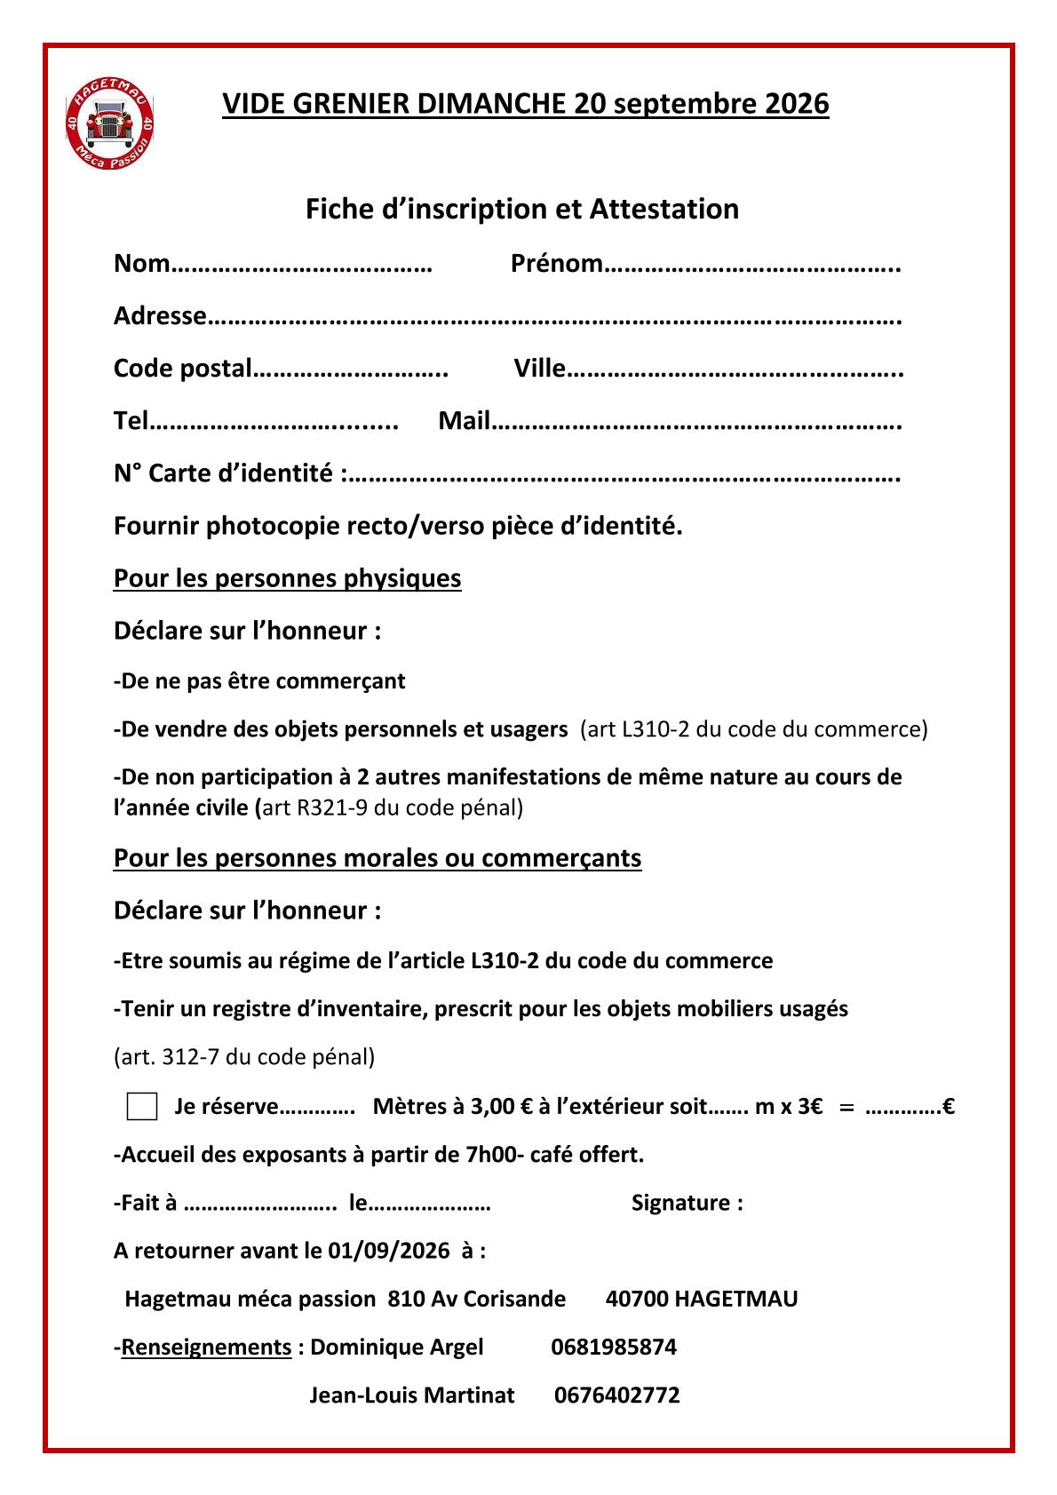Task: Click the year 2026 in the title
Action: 796,104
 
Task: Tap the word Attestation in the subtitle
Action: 664,209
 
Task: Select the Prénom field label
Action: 557,264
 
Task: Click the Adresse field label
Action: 160,316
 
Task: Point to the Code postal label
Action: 183,369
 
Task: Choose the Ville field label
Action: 539,369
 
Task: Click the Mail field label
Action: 465,421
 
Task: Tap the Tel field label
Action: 130,421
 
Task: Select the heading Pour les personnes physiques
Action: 287,578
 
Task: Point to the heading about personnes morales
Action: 377,858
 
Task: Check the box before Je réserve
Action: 142,1107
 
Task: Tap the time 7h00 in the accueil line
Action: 489,1155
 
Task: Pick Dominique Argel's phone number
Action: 614,1347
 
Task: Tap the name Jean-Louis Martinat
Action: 411,1395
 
